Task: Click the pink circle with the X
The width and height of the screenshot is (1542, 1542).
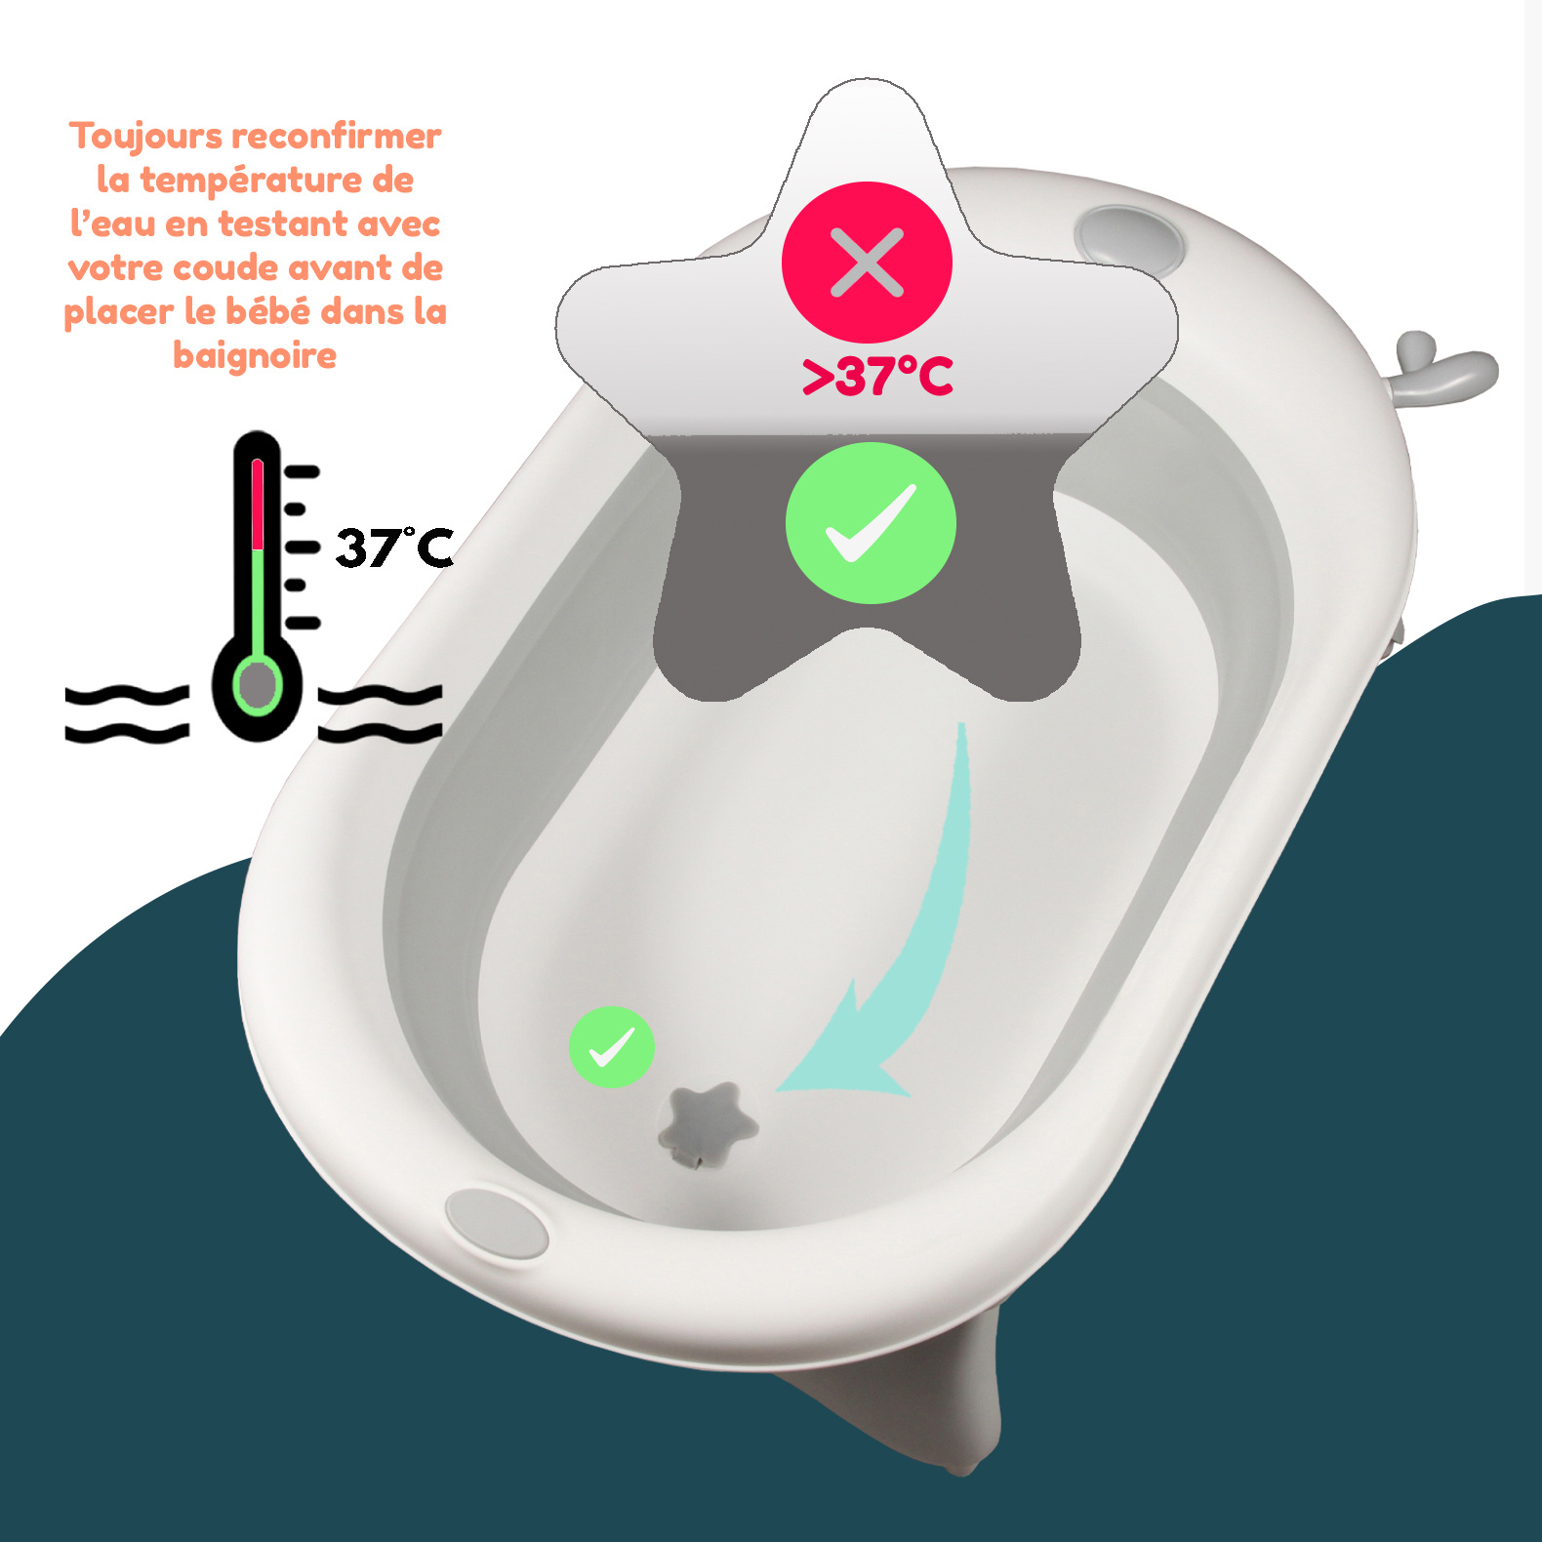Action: click(x=867, y=262)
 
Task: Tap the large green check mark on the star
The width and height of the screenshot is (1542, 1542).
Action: click(x=871, y=523)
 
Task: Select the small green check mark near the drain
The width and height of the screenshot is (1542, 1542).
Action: click(x=612, y=1047)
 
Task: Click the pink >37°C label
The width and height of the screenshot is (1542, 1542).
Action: click(x=877, y=377)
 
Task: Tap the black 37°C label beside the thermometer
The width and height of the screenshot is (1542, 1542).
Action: click(x=394, y=547)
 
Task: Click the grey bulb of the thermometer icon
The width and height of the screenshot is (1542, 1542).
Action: click(x=257, y=684)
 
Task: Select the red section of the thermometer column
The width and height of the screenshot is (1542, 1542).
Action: click(x=258, y=505)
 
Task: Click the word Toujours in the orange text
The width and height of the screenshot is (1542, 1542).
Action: click(x=146, y=137)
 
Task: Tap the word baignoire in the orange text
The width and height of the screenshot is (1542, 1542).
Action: click(x=255, y=355)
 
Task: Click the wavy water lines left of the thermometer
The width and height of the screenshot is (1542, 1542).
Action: click(x=127, y=713)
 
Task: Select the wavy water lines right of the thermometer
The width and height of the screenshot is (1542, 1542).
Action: click(x=380, y=713)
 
